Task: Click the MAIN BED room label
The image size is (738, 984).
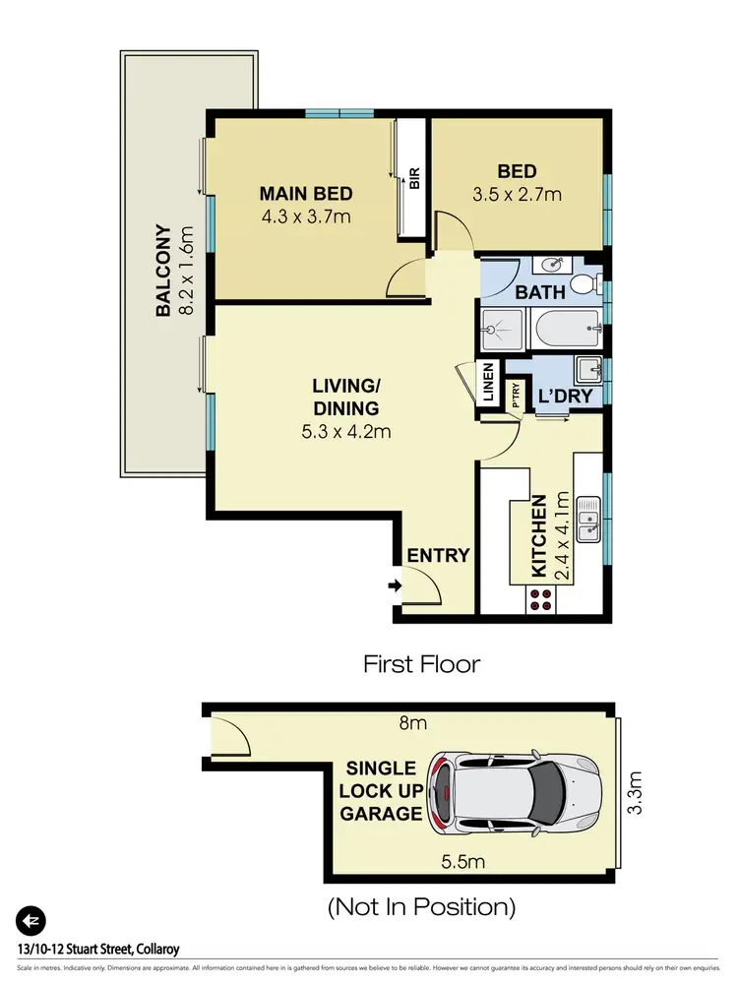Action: point(305,193)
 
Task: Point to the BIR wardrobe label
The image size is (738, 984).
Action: point(414,178)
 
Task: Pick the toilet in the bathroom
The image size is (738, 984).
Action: point(586,284)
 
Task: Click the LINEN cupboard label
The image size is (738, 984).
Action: point(488,384)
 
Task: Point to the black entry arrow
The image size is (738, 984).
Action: point(395,586)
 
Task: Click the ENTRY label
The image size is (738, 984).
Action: point(438,555)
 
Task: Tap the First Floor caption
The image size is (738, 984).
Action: point(422,664)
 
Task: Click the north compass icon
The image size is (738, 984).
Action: point(31,920)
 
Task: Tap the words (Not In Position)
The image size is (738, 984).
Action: point(421,906)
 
